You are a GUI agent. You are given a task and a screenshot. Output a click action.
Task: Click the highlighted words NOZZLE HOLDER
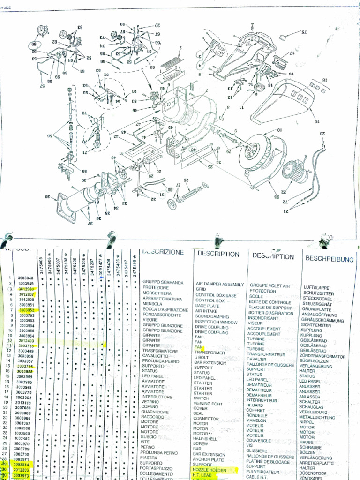pyautogui.click(x=210, y=470)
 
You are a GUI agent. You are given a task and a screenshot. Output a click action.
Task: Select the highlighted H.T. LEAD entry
pyautogui.click(x=203, y=475)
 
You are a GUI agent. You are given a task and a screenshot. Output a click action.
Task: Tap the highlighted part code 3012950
pyautogui.click(x=26, y=289)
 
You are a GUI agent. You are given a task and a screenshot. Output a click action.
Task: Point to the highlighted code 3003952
pyautogui.click(x=26, y=310)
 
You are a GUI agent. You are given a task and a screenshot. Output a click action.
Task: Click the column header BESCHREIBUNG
pyautogui.click(x=329, y=258)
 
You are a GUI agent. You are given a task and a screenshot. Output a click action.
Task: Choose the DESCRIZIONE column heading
pyautogui.click(x=163, y=252)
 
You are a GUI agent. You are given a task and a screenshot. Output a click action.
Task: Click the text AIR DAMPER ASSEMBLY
pyautogui.click(x=219, y=284)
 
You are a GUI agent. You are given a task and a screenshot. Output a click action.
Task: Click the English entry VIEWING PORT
pyautogui.click(x=208, y=404)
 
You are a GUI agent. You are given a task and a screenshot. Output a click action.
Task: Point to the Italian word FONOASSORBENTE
pyautogui.click(x=162, y=315)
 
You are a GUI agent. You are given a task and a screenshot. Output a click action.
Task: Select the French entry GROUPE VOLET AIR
pyautogui.click(x=270, y=285)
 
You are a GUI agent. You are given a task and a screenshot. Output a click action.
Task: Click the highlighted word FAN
pyautogui.click(x=198, y=347)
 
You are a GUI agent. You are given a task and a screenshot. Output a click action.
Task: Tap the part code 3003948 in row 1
pyautogui.click(x=26, y=278)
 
